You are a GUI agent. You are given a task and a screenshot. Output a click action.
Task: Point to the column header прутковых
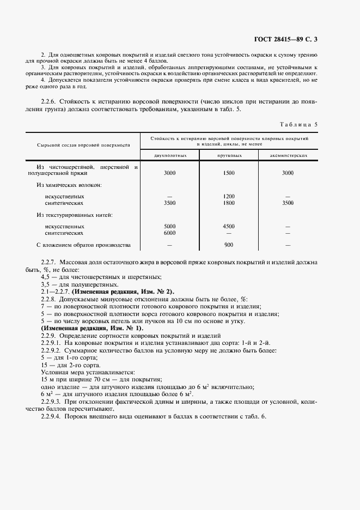(229, 155)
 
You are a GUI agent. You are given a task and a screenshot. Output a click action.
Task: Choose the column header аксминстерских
(288, 155)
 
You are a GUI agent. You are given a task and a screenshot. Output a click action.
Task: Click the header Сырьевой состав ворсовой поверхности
(83, 145)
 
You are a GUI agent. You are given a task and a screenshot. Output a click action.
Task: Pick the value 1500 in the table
(229, 173)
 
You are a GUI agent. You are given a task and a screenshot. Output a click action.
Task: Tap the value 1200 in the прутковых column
(229, 196)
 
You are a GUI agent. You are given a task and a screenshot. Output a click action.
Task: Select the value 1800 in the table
(229, 203)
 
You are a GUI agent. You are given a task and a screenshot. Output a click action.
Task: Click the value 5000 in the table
(170, 226)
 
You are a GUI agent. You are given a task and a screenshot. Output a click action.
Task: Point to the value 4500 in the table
(229, 226)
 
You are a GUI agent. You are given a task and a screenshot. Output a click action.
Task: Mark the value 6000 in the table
(170, 233)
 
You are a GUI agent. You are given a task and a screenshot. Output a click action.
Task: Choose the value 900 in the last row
(229, 245)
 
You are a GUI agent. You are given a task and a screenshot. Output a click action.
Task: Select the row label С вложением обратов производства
(83, 245)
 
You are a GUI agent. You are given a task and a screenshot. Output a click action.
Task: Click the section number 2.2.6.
(50, 101)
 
